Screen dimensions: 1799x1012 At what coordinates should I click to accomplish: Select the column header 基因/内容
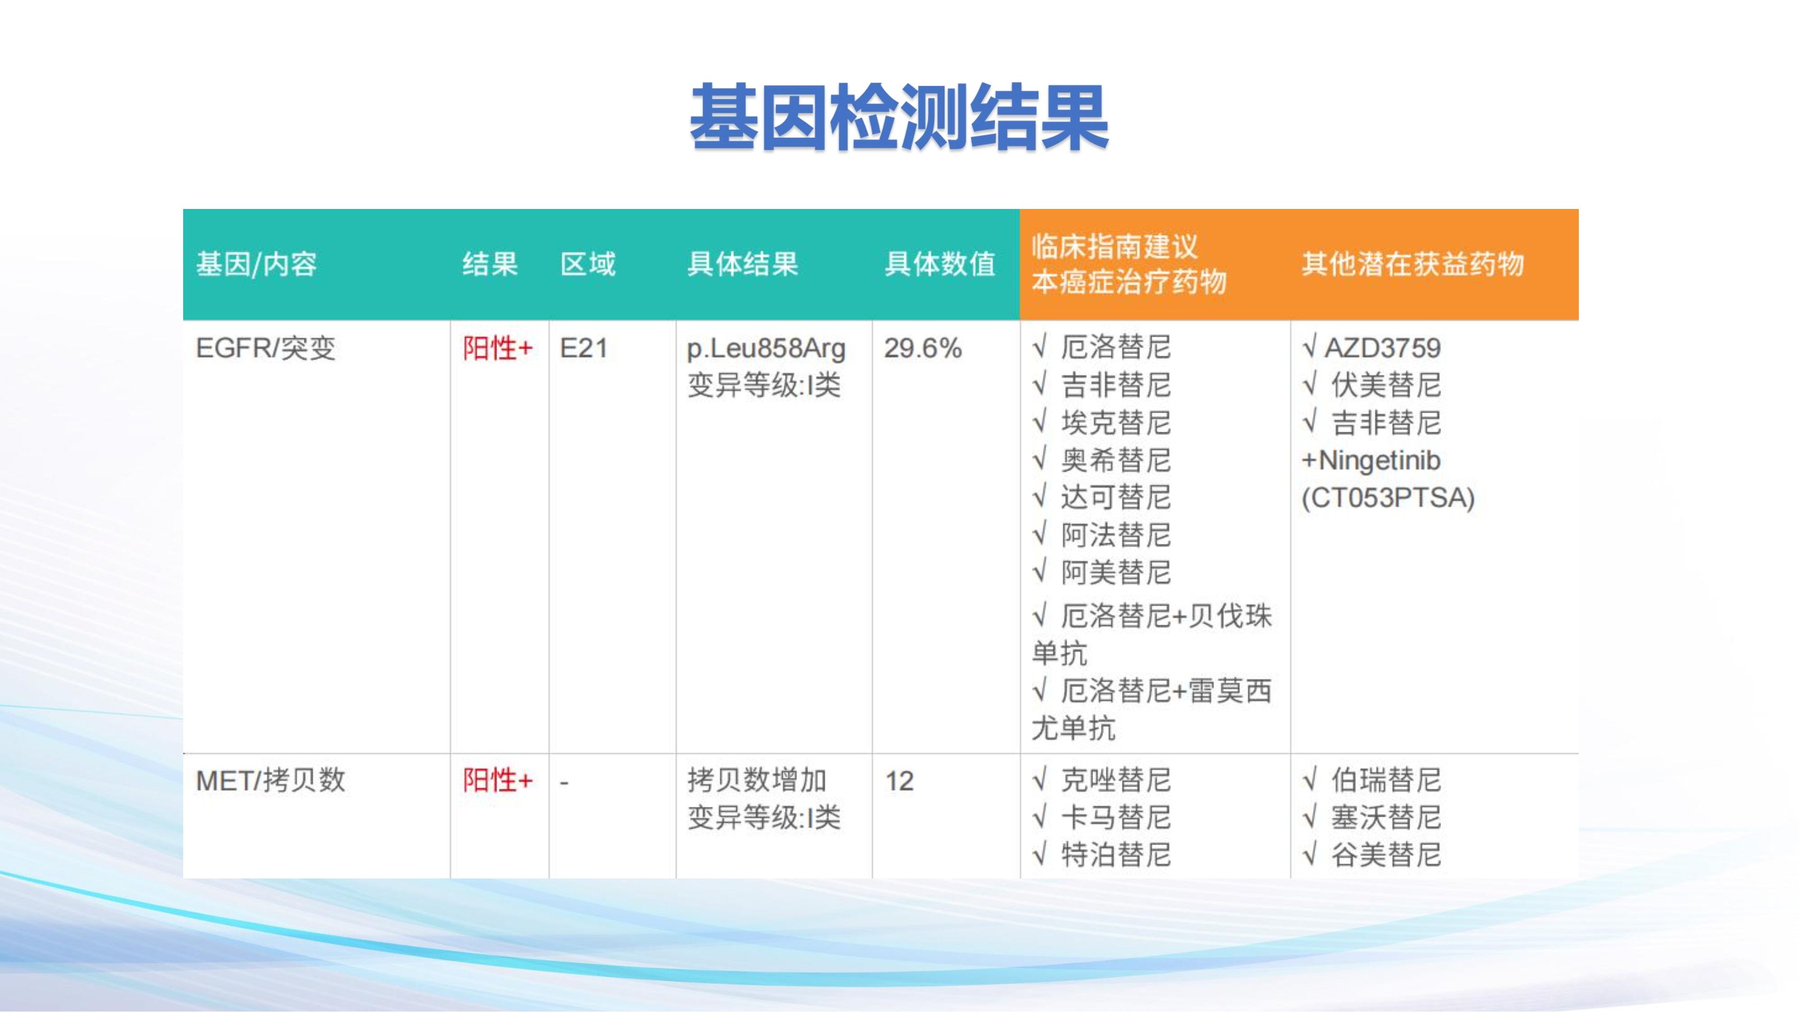[x=256, y=264]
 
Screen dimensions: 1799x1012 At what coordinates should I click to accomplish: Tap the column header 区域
[x=588, y=264]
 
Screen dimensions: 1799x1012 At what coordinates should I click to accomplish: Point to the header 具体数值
[x=939, y=264]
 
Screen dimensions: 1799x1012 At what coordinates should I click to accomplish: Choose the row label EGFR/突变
[x=265, y=348]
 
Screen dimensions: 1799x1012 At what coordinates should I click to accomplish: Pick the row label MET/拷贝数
[x=271, y=780]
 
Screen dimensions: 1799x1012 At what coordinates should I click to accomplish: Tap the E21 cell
[x=584, y=348]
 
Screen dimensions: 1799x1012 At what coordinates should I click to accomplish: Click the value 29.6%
[x=922, y=348]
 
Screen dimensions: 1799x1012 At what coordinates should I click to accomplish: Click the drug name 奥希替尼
[x=1116, y=460]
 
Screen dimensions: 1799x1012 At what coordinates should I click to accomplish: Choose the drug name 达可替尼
[x=1116, y=497]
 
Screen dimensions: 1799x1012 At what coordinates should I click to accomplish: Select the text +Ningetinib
[x=1371, y=460]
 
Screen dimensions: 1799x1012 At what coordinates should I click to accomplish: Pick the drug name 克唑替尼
[x=1116, y=780]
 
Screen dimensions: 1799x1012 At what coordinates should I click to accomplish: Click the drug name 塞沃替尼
[x=1386, y=817]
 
